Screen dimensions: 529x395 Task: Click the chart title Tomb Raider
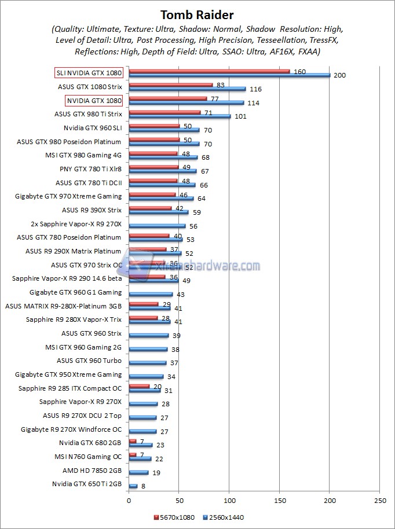click(197, 14)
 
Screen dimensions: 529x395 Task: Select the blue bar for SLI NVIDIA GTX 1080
click(229, 75)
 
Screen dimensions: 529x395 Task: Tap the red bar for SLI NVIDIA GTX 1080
click(209, 71)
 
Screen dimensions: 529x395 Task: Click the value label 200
click(339, 76)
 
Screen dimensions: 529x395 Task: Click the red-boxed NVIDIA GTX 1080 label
click(94, 101)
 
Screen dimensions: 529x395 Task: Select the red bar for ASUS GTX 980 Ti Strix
click(164, 112)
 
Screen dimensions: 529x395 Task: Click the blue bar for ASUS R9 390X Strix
click(158, 212)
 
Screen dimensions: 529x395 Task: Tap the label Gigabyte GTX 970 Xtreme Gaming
click(68, 196)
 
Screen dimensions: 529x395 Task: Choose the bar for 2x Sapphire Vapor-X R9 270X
click(157, 226)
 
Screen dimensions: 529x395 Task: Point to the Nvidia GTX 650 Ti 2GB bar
click(133, 486)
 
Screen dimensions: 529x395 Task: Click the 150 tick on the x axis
click(279, 499)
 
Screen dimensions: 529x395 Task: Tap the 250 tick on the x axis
click(379, 499)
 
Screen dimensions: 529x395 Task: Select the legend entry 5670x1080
click(174, 517)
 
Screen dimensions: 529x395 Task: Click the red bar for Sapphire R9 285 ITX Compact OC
click(139, 385)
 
